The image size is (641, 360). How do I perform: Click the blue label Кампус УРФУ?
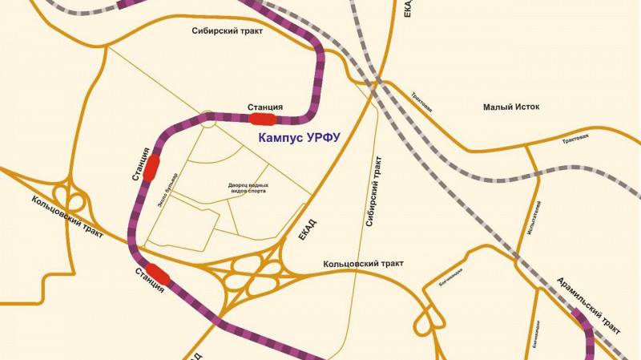[x=300, y=138]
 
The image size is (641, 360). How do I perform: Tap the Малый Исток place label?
[x=513, y=107]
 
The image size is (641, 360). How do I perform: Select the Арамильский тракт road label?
[x=588, y=305]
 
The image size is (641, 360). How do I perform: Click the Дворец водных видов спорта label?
[x=247, y=188]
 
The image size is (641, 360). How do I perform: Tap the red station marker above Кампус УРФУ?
[x=264, y=119]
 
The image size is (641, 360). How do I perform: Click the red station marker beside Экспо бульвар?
[x=151, y=169]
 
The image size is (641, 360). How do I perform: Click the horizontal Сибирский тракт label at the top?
[x=228, y=31]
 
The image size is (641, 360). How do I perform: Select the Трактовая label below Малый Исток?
[x=575, y=137]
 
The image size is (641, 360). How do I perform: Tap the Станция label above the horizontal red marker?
[x=265, y=107]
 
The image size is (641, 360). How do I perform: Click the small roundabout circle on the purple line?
[x=210, y=119]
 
